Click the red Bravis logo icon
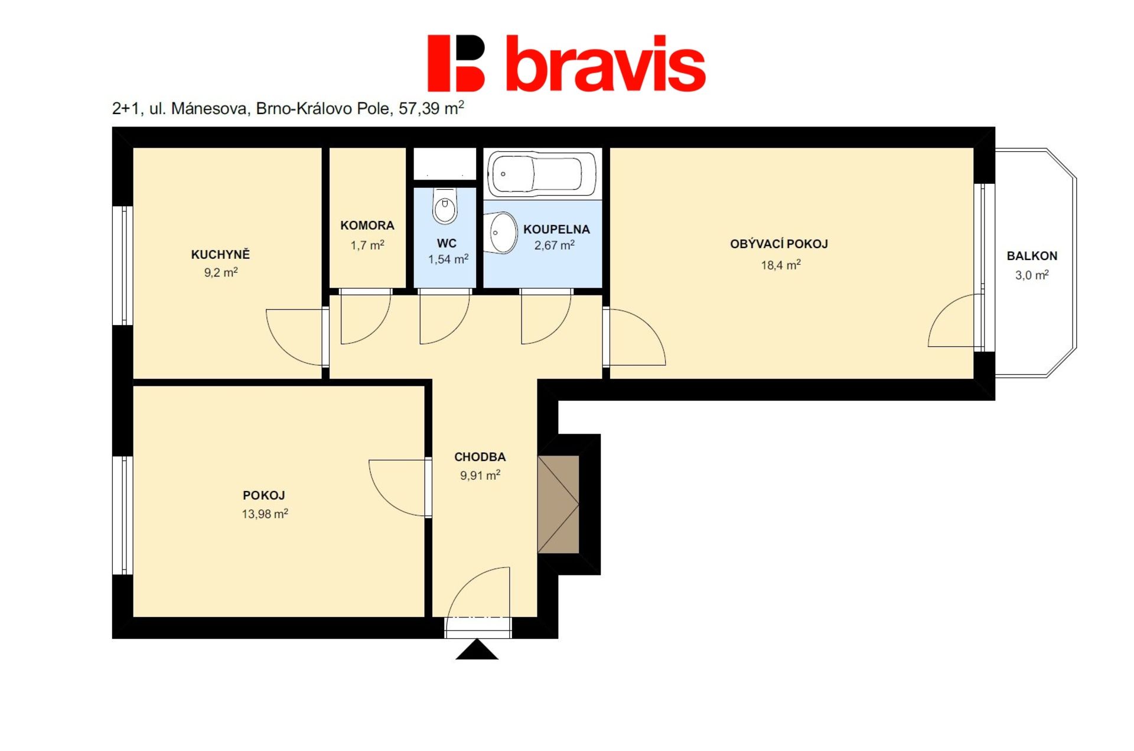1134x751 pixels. [455, 63]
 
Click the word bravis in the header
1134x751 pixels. [606, 63]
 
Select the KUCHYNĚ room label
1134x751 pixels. [220, 255]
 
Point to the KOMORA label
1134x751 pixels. [367, 225]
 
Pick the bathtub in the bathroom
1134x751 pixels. [542, 174]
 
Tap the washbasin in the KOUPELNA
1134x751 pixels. [500, 232]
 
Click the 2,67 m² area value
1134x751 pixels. [554, 245]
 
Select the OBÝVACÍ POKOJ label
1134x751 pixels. [778, 244]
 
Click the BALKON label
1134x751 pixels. [1032, 256]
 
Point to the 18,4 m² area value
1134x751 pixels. [780, 265]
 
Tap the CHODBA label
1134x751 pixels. [480, 457]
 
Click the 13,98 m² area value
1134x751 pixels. [265, 513]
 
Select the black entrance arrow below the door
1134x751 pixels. [477, 649]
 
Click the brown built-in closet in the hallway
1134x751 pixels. [558, 504]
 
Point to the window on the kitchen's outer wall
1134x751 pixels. [123, 265]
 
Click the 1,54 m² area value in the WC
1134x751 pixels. [448, 259]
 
